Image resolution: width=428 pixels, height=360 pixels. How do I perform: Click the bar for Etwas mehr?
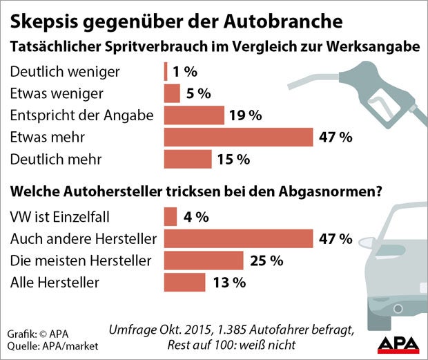(x=238, y=137)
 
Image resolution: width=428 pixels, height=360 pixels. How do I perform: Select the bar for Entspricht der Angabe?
(x=194, y=115)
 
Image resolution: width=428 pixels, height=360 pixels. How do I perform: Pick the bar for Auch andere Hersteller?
(x=238, y=239)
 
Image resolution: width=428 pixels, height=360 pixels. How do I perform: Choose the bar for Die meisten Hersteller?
(x=204, y=260)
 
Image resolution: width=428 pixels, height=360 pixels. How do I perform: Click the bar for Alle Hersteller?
(x=185, y=282)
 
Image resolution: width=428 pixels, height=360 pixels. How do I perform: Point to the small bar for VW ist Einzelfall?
(x=171, y=218)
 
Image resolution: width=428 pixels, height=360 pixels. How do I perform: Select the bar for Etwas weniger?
(x=172, y=93)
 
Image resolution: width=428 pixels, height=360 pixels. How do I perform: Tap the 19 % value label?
(x=246, y=115)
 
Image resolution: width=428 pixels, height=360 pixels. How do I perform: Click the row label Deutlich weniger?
(x=66, y=72)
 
